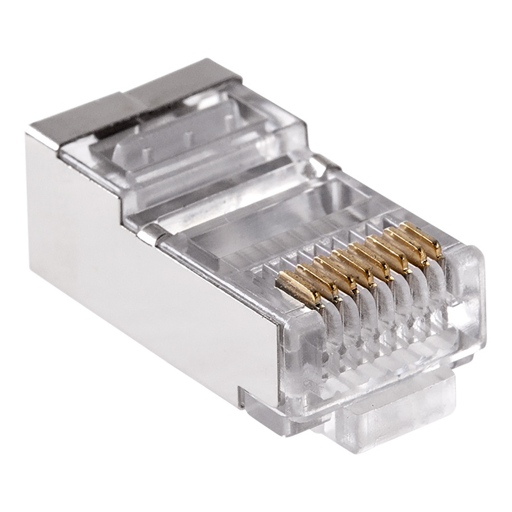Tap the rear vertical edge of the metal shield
(x=29, y=192)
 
